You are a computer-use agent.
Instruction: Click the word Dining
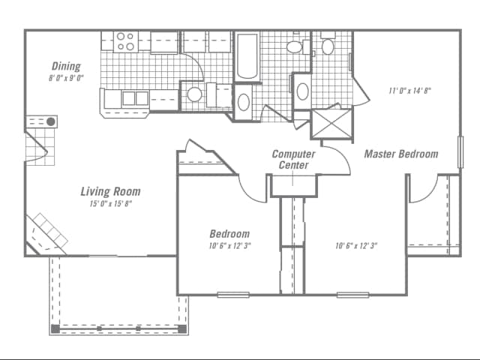click(66, 66)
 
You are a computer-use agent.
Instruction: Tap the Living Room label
click(110, 191)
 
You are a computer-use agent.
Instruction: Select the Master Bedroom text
click(401, 154)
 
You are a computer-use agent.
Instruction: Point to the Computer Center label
click(293, 160)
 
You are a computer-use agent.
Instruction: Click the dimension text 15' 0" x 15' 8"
click(110, 204)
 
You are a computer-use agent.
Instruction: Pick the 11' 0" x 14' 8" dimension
click(409, 91)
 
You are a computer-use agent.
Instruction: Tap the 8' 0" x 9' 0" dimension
click(66, 77)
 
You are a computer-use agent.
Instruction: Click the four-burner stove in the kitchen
click(125, 41)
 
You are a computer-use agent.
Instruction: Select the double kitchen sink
click(136, 98)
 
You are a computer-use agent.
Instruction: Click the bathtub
click(247, 56)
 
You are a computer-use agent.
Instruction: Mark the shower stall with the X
click(331, 124)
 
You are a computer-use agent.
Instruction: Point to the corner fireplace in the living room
click(46, 232)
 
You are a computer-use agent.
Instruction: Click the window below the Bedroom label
click(232, 294)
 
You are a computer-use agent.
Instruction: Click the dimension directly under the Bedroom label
click(229, 246)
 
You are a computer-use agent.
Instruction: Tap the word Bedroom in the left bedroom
click(229, 234)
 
